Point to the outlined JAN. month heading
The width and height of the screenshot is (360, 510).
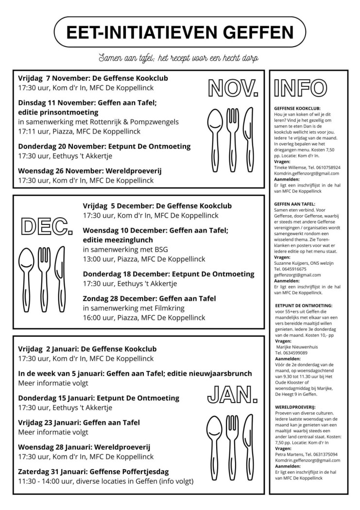point(232,396)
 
